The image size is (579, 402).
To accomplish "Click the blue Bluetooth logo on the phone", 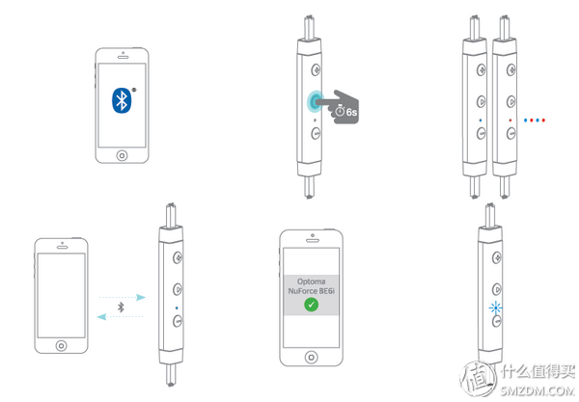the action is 122,100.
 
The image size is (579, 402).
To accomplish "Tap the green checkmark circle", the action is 312,305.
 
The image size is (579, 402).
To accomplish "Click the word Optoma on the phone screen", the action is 312,281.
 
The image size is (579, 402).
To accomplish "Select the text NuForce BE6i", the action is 312,291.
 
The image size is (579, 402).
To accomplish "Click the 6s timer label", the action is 351,112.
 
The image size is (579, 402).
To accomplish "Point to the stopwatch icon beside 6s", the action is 340,110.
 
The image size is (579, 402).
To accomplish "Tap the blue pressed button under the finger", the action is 315,101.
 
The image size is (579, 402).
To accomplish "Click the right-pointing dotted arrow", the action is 123,297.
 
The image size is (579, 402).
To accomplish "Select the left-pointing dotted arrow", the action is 120,316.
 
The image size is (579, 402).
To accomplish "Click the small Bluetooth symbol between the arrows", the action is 121,307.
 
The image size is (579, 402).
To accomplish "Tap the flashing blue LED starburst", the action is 495,308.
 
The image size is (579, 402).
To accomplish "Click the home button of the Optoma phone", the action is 312,357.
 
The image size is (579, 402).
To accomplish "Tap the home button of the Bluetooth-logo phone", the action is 122,155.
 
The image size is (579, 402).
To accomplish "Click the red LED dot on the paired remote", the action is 510,120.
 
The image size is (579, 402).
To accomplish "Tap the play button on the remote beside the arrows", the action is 178,289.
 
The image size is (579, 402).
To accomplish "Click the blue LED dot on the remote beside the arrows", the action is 177,308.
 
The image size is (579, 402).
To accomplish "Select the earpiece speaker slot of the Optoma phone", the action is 312,240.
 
